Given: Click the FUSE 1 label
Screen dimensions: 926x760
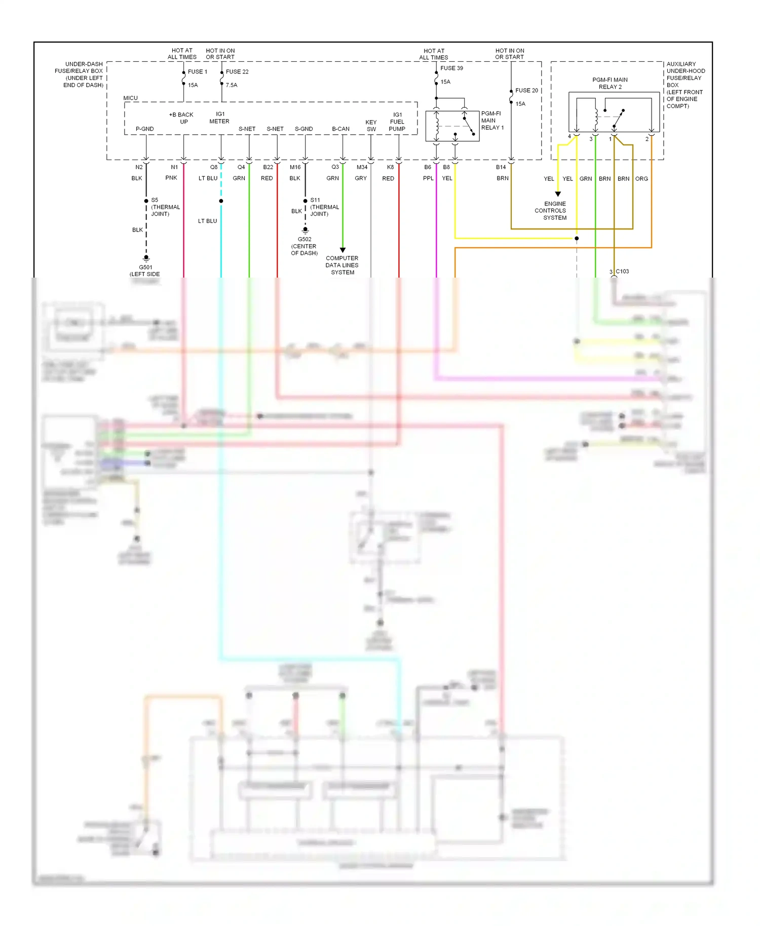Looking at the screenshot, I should click(x=197, y=72).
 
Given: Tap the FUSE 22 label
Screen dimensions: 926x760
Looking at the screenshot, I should click(x=237, y=72).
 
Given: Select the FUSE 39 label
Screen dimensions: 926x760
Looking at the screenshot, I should click(x=451, y=68).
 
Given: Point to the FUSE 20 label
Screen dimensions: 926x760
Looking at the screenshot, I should click(x=526, y=91).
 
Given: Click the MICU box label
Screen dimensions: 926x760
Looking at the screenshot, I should click(x=130, y=98).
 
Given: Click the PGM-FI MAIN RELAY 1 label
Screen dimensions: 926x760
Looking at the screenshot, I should click(x=492, y=121).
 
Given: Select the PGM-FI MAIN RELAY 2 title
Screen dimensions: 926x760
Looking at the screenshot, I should click(x=610, y=84).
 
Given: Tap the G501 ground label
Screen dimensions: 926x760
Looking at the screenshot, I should click(x=145, y=267).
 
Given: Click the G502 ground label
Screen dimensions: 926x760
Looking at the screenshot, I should click(x=305, y=240).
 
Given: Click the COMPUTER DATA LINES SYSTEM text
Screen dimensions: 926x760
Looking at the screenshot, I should click(x=342, y=265).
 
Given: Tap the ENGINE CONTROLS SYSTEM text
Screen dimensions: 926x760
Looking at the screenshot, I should click(x=552, y=211).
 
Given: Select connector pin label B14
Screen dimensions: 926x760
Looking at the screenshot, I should click(x=501, y=167).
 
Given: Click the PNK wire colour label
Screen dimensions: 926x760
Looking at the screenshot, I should click(x=171, y=178).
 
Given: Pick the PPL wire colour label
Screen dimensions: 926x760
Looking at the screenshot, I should click(x=428, y=178).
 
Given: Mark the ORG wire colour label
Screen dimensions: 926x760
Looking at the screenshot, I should click(x=641, y=179).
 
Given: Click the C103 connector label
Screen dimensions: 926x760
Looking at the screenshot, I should click(x=622, y=272).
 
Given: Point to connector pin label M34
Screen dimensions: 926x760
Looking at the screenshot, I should click(x=362, y=167).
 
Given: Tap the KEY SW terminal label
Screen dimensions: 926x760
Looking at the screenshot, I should click(x=371, y=126).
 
